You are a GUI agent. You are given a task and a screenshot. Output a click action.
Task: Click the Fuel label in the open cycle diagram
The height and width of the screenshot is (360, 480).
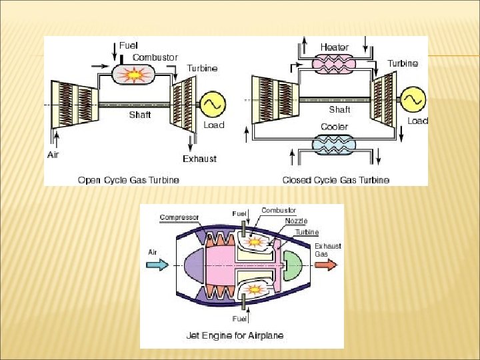coord(129,45)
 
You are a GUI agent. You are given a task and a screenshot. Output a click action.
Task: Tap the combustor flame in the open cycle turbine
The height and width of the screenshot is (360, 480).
coord(134,75)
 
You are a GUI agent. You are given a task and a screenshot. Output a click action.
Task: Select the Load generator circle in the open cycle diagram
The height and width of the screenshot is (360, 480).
coord(213,104)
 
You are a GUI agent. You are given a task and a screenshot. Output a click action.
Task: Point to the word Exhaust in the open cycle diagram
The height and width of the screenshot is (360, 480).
coord(200,159)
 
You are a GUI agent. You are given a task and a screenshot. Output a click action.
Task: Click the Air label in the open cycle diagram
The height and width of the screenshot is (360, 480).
coord(53,155)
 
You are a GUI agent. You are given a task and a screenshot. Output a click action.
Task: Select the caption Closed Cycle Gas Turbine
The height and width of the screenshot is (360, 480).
coord(336,180)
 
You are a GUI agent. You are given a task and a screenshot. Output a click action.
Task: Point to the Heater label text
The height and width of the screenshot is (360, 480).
coord(334,47)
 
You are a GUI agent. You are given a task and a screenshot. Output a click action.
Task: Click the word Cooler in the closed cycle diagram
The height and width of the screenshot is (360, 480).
coord(334,127)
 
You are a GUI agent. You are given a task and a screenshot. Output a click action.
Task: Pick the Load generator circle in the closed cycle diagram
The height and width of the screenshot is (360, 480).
coord(412,99)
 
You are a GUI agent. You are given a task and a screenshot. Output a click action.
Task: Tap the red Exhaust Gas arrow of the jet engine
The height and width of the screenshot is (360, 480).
coord(326,265)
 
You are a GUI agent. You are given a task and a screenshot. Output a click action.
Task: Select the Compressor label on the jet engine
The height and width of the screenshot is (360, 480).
coord(180,217)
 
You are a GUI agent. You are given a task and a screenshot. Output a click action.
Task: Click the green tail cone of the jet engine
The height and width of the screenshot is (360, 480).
coord(292,265)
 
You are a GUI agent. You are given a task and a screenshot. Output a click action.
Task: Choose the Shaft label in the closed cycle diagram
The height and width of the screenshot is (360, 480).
coord(339,109)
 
